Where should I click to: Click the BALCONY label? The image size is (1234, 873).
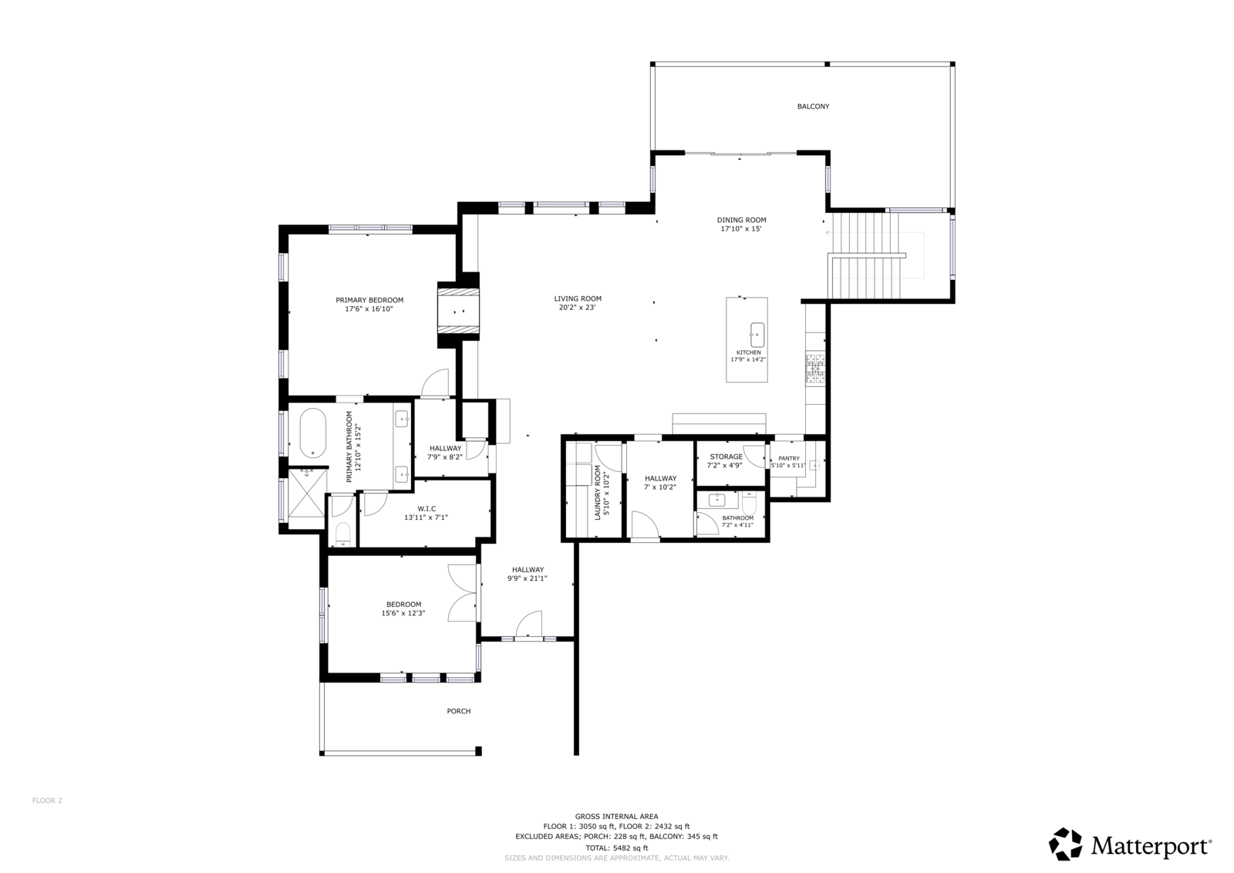click(813, 106)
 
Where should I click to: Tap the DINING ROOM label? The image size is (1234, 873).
click(741, 220)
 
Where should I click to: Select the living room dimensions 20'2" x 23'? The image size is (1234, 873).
click(578, 308)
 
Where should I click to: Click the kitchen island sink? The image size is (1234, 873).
click(757, 335)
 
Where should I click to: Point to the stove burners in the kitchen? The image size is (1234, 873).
click(816, 369)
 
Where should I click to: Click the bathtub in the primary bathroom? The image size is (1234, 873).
click(313, 433)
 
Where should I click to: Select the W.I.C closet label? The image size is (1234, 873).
click(427, 508)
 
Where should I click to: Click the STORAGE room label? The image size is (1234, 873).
click(726, 457)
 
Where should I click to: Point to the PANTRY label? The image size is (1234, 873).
click(789, 458)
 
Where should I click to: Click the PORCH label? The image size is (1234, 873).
click(458, 711)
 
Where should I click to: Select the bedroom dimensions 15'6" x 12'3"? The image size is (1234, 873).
click(403, 613)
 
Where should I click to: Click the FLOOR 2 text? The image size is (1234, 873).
click(47, 801)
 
